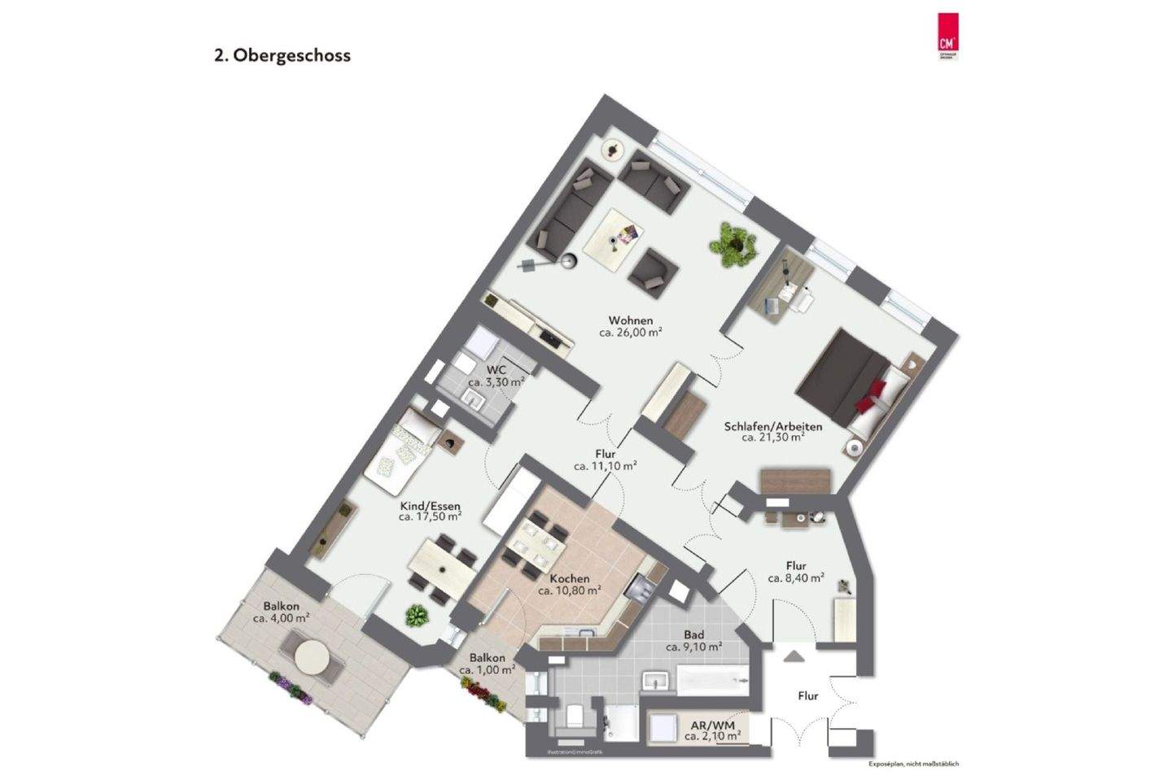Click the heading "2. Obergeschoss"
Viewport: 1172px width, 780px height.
[x=282, y=56]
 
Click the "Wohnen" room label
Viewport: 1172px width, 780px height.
[x=631, y=320]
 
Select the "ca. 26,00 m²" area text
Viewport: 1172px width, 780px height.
[x=631, y=333]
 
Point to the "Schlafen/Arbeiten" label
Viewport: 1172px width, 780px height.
[x=773, y=426]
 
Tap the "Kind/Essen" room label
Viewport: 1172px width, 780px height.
[x=430, y=504]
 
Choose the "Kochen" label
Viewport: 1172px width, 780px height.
[x=570, y=578]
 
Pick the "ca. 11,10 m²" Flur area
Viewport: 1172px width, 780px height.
[x=605, y=467]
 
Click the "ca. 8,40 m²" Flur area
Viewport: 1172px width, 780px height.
[x=796, y=578]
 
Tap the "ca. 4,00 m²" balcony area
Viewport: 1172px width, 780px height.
[x=281, y=618]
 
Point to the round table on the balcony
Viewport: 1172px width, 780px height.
[x=313, y=656]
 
